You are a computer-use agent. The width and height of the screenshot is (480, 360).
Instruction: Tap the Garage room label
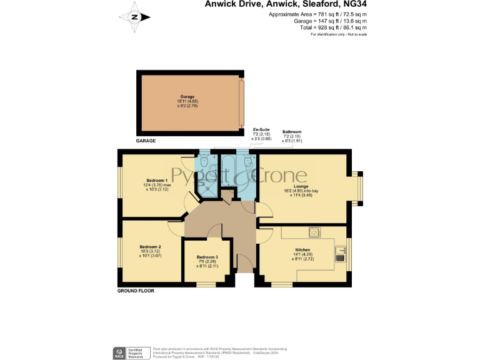tap(187, 97)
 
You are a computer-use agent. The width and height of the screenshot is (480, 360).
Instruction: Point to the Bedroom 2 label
tap(150, 247)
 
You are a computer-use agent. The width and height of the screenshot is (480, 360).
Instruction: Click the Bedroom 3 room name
tap(207, 257)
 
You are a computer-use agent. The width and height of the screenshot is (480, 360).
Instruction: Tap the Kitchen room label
tap(302, 249)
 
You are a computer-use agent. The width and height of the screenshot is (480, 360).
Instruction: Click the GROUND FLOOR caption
tap(136, 291)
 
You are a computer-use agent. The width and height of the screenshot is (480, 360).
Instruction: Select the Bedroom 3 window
tap(206, 284)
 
